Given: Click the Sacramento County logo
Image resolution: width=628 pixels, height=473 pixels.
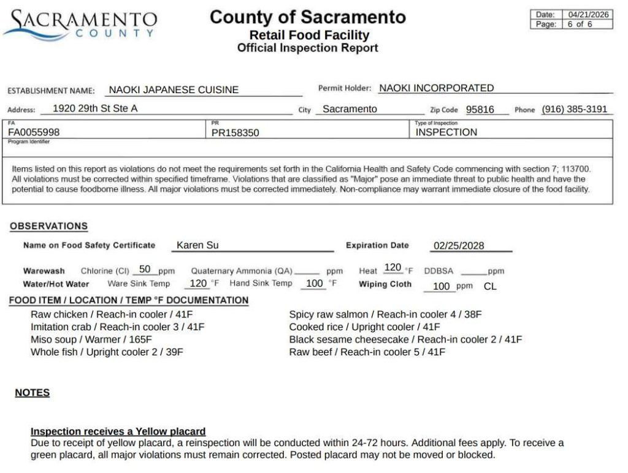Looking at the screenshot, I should pyautogui.click(x=80, y=25).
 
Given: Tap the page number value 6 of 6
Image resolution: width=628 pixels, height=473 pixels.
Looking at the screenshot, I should pyautogui.click(x=580, y=25).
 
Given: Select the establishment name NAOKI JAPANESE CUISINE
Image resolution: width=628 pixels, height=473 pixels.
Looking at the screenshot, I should pyautogui.click(x=174, y=90).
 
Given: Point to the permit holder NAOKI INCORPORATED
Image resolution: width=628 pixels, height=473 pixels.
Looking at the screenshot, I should pyautogui.click(x=436, y=88).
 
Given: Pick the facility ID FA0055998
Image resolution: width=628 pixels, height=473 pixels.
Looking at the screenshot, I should pyautogui.click(x=34, y=132).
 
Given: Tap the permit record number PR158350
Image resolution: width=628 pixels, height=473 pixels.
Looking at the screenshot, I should pyautogui.click(x=235, y=132).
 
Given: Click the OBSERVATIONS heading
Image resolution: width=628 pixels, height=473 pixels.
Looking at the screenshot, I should pyautogui.click(x=48, y=226).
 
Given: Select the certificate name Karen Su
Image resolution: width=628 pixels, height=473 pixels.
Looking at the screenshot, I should pyautogui.click(x=197, y=245).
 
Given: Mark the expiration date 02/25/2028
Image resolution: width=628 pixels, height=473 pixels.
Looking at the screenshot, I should pyautogui.click(x=459, y=246).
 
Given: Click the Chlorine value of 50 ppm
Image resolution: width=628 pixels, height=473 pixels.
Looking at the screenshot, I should pyautogui.click(x=145, y=269).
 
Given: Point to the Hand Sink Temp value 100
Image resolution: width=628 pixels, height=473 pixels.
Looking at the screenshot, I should pyautogui.click(x=314, y=284).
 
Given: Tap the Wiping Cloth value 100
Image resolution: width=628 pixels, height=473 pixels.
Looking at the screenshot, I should pyautogui.click(x=441, y=286).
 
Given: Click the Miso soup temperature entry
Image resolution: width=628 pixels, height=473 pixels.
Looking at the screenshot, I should pyautogui.click(x=91, y=339).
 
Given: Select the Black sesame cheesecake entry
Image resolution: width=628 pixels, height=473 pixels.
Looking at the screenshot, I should pyautogui.click(x=405, y=339).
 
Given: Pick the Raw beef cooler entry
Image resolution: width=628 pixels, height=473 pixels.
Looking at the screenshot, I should pyautogui.click(x=367, y=352).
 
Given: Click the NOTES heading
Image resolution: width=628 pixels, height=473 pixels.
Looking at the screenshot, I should pyautogui.click(x=33, y=393).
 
